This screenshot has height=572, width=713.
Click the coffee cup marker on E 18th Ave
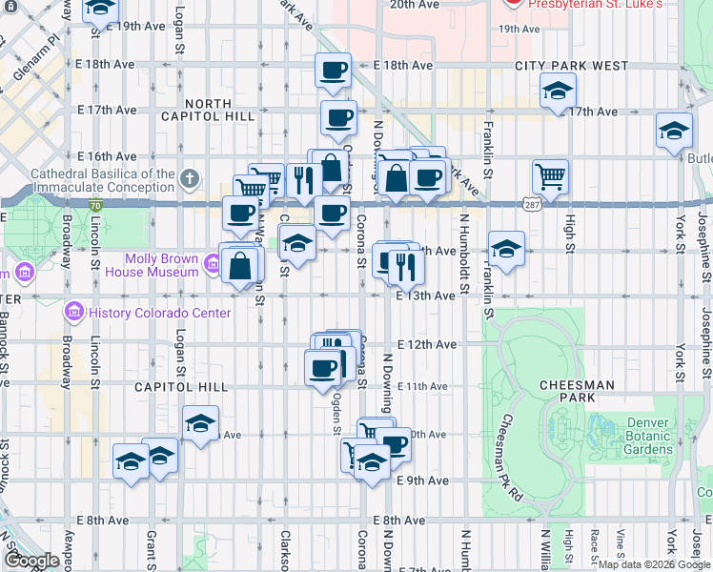pos(333,70)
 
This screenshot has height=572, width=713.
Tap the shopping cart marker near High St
pos(550,176)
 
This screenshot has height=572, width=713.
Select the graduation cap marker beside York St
pos(674,131)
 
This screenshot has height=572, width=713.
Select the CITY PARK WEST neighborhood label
pos(571,66)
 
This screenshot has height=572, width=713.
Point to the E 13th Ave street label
pos(425,296)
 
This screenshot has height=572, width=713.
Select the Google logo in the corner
pos(31,561)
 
